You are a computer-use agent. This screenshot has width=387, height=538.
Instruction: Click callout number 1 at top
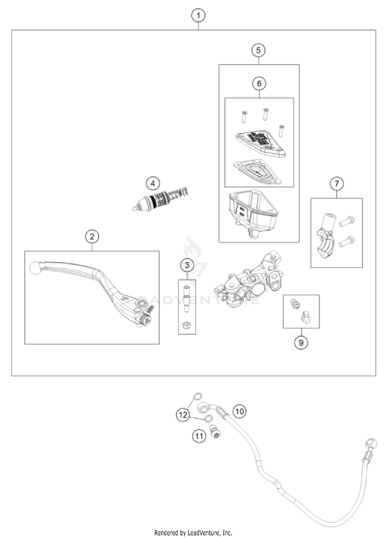click(198, 16)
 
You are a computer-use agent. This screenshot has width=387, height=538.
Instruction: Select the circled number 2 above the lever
click(92, 237)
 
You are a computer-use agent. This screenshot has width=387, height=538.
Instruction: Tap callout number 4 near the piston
click(153, 184)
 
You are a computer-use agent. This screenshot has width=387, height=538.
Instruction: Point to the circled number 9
click(301, 343)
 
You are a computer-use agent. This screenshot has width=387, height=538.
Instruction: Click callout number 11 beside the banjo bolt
click(199, 436)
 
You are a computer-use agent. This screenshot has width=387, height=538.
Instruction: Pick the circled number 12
click(183, 415)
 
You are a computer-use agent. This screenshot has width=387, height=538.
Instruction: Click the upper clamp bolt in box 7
click(346, 221)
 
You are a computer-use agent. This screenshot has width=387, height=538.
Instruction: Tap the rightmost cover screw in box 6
click(281, 131)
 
